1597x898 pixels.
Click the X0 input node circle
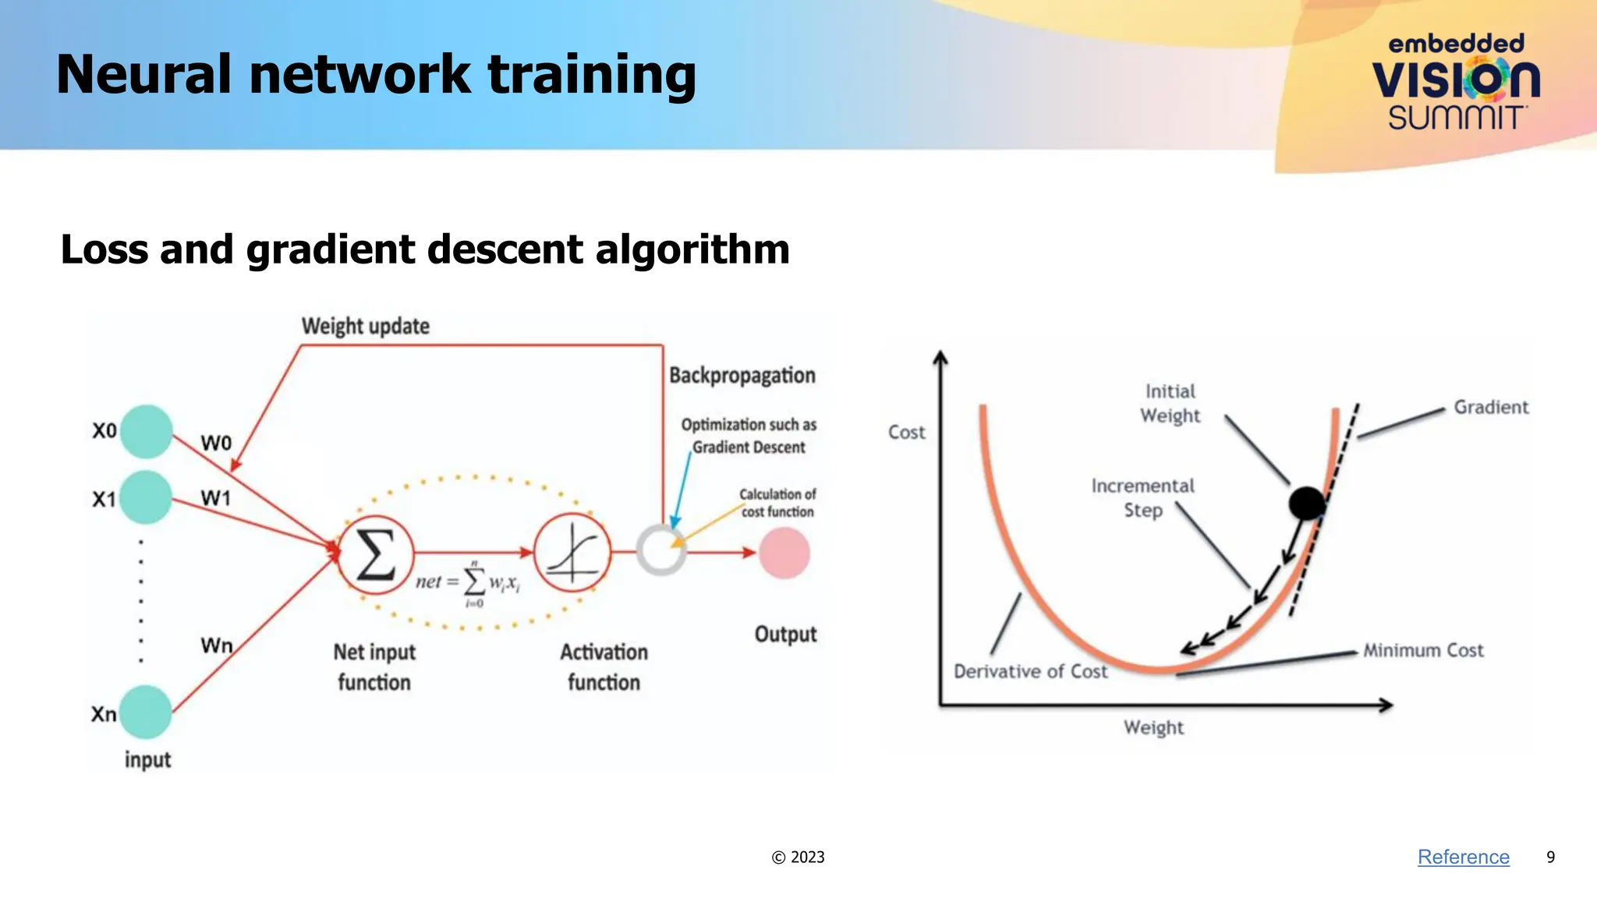(x=146, y=431)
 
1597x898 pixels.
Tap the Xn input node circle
(x=145, y=712)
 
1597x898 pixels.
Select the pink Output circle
(x=784, y=553)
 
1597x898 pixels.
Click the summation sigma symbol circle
(x=375, y=554)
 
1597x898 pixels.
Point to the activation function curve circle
(x=572, y=553)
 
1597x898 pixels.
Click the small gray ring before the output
(x=660, y=550)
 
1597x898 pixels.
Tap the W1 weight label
(x=216, y=498)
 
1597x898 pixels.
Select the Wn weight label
(x=217, y=645)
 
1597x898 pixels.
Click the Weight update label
(x=365, y=326)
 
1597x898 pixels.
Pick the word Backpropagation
(x=742, y=375)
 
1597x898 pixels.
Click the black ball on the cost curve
(x=1307, y=503)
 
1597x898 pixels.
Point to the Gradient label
(x=1490, y=407)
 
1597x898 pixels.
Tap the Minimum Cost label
(x=1422, y=650)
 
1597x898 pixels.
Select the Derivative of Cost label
(x=1030, y=671)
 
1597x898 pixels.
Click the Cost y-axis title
(x=906, y=432)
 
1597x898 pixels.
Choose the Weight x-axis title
(x=1153, y=727)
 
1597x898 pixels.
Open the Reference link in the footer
(x=1463, y=857)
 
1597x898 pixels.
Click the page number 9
(x=1550, y=857)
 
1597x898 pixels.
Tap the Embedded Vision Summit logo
(x=1456, y=82)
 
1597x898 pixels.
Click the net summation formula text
(x=468, y=582)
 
